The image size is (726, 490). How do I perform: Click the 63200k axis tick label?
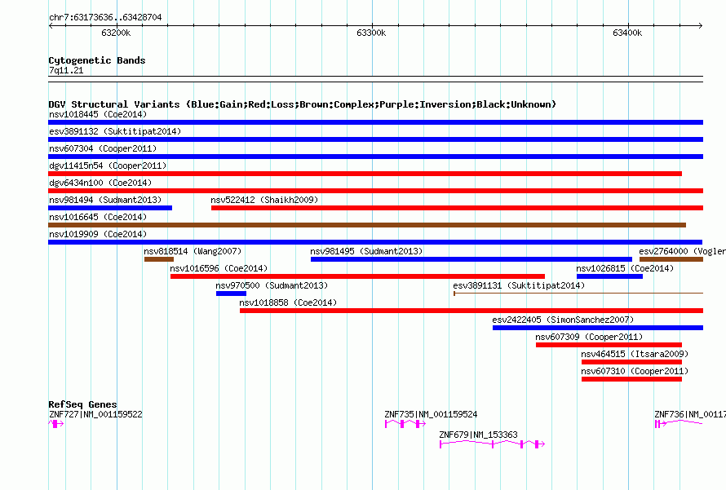coord(116,33)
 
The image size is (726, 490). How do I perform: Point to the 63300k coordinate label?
coord(371,33)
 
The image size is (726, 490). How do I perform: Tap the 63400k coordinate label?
coord(627,33)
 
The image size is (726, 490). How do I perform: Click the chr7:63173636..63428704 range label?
coord(105,18)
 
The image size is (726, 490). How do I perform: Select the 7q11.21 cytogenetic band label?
coord(66,70)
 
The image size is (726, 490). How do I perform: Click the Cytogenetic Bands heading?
coord(97,60)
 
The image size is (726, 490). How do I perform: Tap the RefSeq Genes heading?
coord(82,404)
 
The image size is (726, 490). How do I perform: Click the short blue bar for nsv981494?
coord(110,208)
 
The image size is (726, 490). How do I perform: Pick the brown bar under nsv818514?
coord(159,259)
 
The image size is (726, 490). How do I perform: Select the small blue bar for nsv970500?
coord(231,294)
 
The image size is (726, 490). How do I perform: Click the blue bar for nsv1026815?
coord(609,276)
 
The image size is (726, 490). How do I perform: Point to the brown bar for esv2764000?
coord(671,259)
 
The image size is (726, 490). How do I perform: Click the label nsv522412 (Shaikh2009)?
coord(264,200)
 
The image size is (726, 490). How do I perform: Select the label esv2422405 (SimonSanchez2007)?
coord(563,320)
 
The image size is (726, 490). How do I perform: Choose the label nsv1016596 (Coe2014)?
coord(219,268)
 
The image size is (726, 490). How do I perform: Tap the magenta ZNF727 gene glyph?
coord(56,424)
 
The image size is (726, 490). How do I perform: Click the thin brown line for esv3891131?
coord(578,294)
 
